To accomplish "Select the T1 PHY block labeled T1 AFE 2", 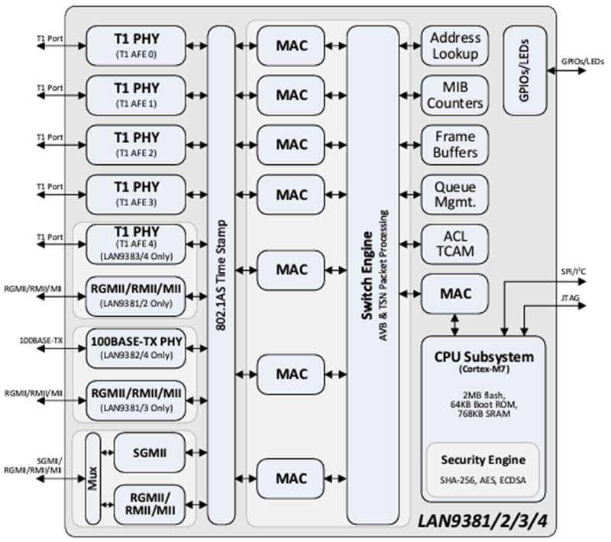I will tap(136, 144).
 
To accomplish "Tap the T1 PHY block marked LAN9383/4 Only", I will tap(136, 244).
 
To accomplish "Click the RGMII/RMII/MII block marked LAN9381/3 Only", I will tap(136, 398).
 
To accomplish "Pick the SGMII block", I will tap(149, 453).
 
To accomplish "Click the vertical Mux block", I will tap(92, 479).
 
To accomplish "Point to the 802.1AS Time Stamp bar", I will tap(221, 275).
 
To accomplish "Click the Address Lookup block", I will tap(454, 45).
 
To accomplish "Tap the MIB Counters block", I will tap(454, 95).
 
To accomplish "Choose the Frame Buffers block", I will tap(454, 144).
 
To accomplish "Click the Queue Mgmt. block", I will tap(454, 194).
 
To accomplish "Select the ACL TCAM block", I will tap(454, 244).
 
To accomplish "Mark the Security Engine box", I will tap(482, 467).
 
